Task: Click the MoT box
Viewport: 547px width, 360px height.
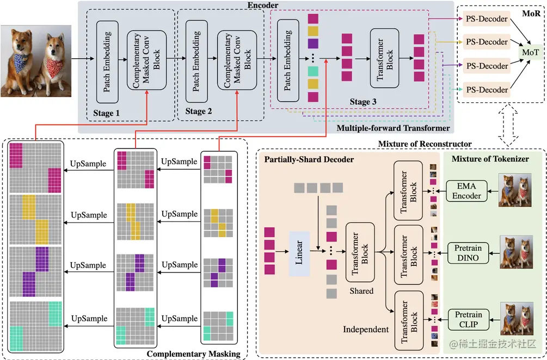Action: point(530,53)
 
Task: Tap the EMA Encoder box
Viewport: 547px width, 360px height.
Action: point(466,191)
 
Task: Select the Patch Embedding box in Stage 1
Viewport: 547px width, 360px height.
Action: point(107,63)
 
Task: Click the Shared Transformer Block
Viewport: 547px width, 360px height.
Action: point(360,251)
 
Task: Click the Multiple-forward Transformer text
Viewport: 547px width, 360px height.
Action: point(393,128)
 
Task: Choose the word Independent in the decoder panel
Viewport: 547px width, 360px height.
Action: point(366,329)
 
